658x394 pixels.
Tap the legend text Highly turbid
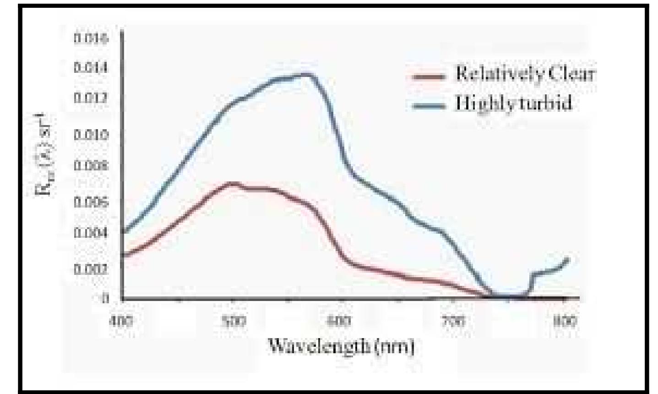click(x=513, y=104)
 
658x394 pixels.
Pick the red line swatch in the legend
click(x=429, y=77)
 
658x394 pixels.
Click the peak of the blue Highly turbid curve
click(x=308, y=74)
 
